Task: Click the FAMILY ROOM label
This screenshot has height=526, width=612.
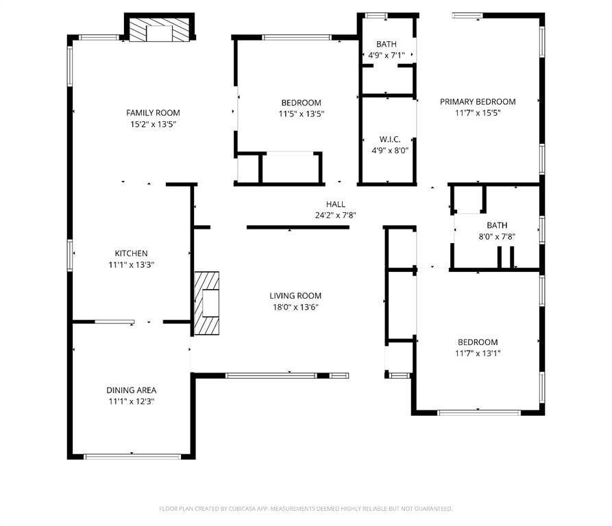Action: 153,113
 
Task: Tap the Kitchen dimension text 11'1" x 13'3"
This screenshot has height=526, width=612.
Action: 131,265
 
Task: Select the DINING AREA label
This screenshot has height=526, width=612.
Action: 131,390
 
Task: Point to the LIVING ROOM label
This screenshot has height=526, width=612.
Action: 295,296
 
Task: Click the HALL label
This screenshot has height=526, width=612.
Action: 336,204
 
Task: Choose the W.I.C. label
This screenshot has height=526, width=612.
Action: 390,139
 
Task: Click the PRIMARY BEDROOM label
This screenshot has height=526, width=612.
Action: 478,102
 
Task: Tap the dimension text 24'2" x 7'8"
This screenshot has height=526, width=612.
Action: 336,215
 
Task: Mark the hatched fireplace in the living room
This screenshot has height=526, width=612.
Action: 206,303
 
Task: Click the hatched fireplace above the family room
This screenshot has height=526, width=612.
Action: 159,29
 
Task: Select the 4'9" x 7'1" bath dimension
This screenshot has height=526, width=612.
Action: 387,55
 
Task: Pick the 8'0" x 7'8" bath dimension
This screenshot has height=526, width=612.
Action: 497,236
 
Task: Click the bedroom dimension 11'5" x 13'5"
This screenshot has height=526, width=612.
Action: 302,114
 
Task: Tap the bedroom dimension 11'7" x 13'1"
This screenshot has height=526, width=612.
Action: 478,353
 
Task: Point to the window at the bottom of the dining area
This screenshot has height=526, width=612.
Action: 133,457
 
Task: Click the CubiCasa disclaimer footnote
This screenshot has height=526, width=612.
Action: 306,508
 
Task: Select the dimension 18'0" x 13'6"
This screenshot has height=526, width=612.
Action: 295,307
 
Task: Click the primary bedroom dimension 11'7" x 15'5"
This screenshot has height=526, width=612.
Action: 478,113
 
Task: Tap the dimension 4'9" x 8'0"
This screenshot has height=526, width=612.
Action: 390,151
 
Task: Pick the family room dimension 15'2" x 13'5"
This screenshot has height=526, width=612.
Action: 153,125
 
